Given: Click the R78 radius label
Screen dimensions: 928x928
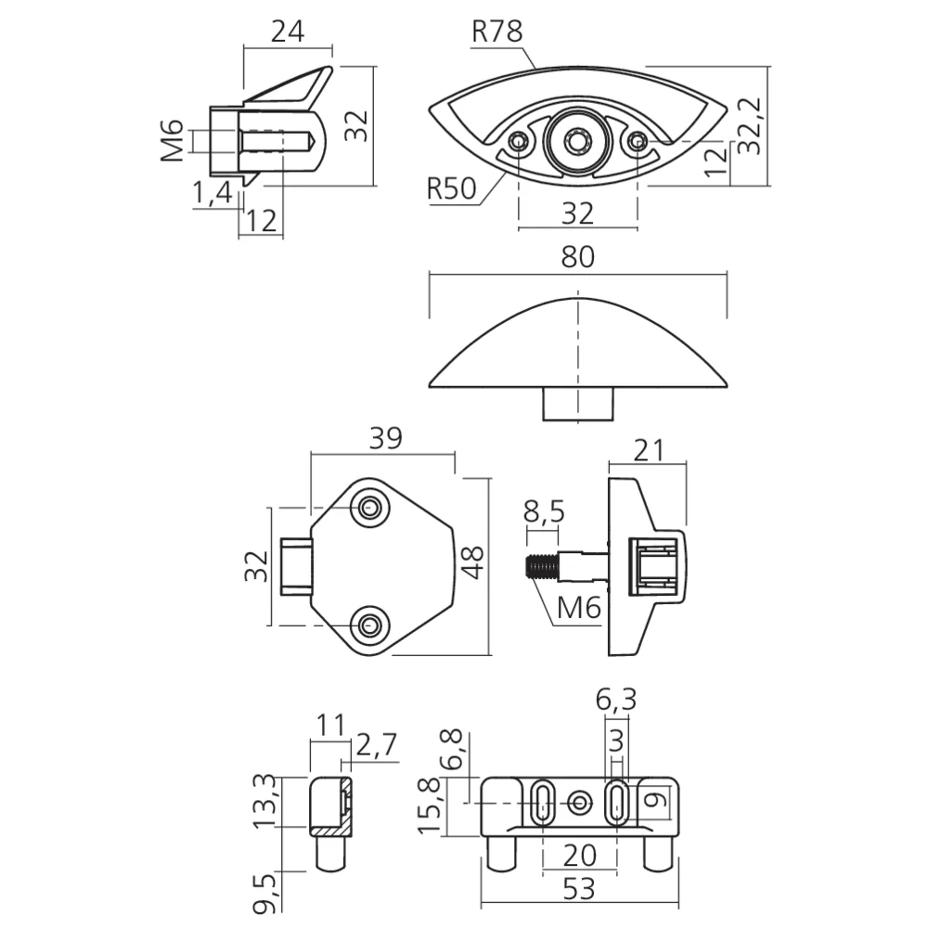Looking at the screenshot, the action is point(497,32).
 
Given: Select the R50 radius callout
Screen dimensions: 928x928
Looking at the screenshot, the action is point(452,188).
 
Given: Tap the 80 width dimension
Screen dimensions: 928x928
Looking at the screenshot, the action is point(577,257).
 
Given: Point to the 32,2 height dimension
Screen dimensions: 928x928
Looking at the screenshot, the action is point(752,126).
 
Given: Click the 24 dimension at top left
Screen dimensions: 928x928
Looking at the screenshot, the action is point(288,32).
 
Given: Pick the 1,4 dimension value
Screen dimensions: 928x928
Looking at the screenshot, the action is point(213,193).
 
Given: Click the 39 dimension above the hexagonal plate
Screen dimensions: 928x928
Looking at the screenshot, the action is point(385,439).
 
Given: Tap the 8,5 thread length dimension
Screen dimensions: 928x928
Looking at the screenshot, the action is point(545,512).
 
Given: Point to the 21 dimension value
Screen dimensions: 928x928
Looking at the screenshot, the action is point(650,451).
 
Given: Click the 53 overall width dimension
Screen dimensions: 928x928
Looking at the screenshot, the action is point(578,890).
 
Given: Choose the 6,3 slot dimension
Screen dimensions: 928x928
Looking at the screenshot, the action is point(615,700).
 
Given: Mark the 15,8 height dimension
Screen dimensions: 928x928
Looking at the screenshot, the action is point(431,806).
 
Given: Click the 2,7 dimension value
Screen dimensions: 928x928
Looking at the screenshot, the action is point(377,745).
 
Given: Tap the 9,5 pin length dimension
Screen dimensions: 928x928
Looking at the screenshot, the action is point(266,893).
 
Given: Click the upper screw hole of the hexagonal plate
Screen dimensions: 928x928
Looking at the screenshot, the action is point(370,508).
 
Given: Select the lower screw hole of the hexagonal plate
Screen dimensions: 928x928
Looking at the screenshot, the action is point(370,625).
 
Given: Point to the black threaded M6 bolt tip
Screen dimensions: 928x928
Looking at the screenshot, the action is point(541,567).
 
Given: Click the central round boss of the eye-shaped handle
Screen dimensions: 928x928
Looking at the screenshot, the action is point(576,142).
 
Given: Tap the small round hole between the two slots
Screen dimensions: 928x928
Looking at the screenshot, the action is point(579,803).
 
